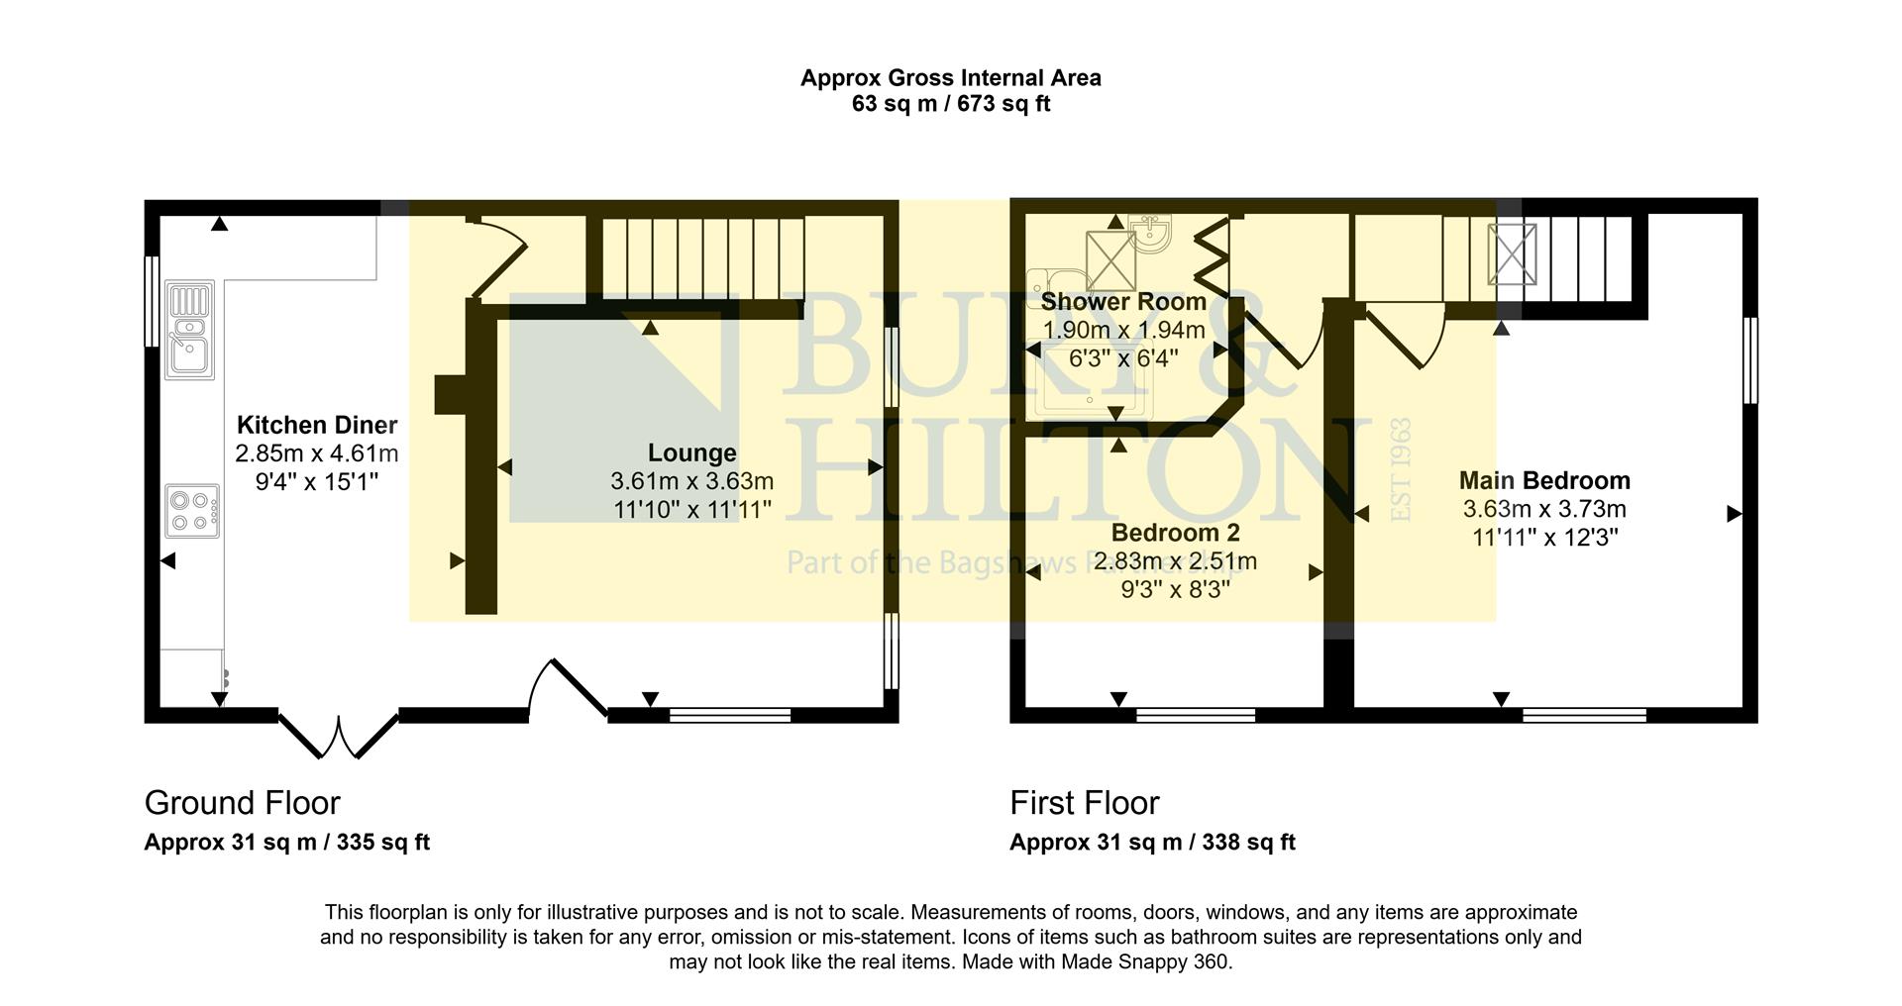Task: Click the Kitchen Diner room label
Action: click(317, 426)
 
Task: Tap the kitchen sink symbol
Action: click(190, 331)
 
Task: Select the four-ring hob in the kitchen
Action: click(192, 511)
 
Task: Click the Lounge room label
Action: click(691, 453)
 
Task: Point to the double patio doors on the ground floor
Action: click(339, 735)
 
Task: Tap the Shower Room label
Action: click(1123, 302)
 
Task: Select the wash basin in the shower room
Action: click(1152, 234)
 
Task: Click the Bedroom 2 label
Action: click(1175, 534)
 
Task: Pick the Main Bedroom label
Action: click(1544, 481)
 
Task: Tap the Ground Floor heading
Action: click(242, 803)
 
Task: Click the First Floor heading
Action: click(1084, 803)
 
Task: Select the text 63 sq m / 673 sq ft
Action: click(950, 104)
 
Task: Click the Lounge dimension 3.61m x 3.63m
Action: click(691, 482)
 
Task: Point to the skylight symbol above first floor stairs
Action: click(1512, 254)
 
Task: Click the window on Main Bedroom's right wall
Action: click(1749, 360)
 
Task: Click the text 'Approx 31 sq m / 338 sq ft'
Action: click(1152, 843)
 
